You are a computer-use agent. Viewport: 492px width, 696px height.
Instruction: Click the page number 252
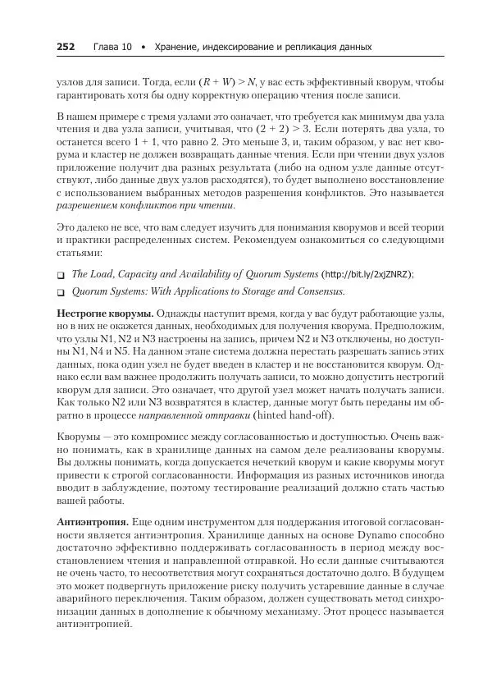click(x=66, y=47)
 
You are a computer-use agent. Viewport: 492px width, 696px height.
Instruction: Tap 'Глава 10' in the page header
click(x=112, y=47)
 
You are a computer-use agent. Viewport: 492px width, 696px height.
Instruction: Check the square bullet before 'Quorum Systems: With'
click(x=61, y=291)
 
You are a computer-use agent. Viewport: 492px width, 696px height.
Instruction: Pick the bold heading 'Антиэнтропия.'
click(x=91, y=521)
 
